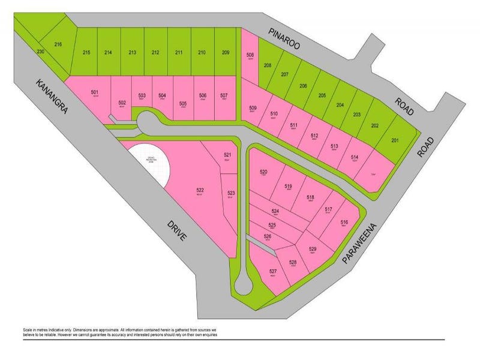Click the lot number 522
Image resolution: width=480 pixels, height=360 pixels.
(x=200, y=190)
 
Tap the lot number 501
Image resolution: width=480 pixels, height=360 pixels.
(x=94, y=92)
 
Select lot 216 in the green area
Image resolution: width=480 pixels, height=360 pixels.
(x=58, y=44)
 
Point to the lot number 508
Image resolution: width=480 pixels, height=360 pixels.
(x=250, y=55)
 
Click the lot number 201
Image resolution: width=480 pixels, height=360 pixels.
(x=395, y=140)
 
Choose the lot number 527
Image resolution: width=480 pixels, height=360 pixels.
(x=272, y=271)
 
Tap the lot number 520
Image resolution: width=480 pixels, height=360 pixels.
(x=263, y=172)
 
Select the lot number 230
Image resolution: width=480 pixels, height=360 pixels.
(x=40, y=52)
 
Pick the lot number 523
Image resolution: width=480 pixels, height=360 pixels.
(x=231, y=193)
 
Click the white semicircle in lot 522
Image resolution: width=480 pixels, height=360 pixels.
(x=150, y=165)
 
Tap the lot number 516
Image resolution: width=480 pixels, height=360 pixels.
(x=344, y=223)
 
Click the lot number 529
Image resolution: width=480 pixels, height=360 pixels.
(x=312, y=250)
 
